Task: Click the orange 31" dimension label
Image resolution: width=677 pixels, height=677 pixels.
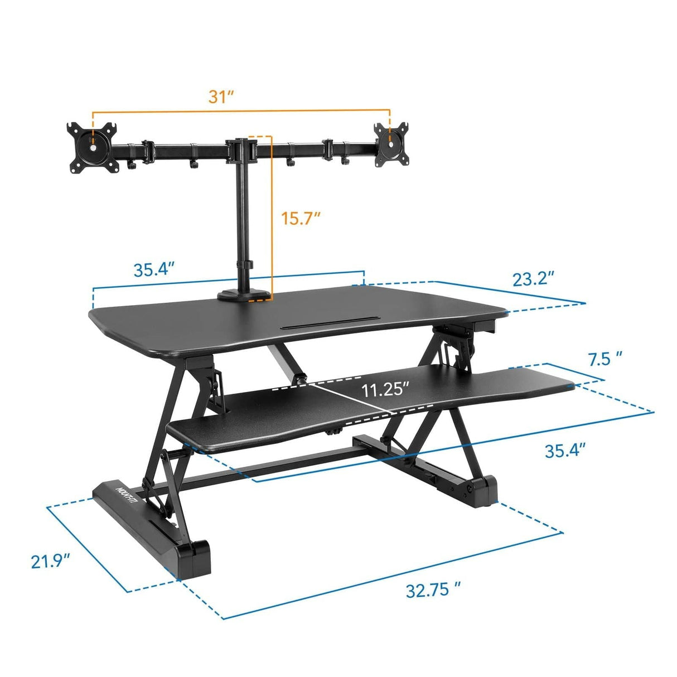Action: (221, 96)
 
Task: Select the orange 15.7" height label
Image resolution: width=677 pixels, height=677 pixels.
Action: (301, 218)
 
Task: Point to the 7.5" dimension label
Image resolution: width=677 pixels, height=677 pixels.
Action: (605, 358)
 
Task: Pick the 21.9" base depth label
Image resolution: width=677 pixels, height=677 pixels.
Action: (51, 560)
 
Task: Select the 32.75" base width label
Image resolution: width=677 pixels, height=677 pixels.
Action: (433, 589)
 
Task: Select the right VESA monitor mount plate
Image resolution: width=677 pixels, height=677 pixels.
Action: (389, 143)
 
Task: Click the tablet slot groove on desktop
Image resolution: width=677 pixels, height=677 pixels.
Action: (331, 323)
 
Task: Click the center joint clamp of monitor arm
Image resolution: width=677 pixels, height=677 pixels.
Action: (241, 149)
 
